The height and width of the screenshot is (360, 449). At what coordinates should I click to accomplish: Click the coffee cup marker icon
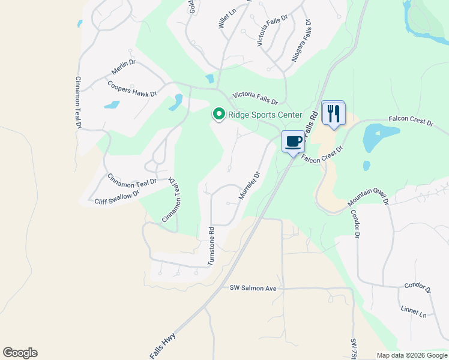(x=293, y=142)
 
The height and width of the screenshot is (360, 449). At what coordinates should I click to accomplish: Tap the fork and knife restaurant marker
(x=334, y=113)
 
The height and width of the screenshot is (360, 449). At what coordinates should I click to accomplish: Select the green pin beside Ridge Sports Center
(x=219, y=113)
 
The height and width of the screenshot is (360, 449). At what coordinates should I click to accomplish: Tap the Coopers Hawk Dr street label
(x=132, y=89)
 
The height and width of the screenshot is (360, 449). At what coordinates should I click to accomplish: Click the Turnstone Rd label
(x=211, y=246)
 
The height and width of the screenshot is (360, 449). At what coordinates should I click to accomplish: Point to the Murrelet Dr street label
(x=249, y=185)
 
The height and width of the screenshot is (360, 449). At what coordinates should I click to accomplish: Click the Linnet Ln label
(x=413, y=311)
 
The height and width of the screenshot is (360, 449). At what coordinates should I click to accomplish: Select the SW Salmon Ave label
(x=253, y=289)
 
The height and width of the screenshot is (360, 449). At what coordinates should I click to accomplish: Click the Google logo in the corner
(x=20, y=353)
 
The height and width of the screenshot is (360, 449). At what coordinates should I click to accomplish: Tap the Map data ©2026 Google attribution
(x=412, y=355)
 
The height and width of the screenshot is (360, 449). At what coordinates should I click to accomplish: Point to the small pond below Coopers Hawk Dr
(x=112, y=105)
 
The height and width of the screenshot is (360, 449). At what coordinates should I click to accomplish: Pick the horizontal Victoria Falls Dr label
(x=256, y=98)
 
